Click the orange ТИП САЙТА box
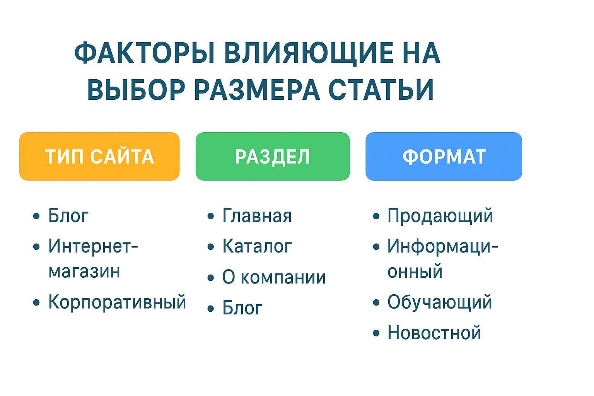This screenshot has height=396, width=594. tap(99, 156)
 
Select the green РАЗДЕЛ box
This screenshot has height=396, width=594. tap(273, 156)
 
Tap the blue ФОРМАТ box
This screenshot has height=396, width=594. tap(444, 156)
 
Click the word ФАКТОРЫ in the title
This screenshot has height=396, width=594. tap(144, 53)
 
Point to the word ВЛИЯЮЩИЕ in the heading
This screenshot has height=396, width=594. tap(310, 53)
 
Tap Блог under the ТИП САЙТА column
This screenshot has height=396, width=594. tap(68, 215)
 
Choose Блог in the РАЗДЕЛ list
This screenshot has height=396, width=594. tap(242, 308)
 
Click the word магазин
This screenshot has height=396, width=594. tap(84, 272)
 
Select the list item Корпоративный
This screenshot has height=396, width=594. tap(117, 302)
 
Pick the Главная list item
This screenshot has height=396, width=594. tap(257, 215)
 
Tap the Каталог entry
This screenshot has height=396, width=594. tap(257, 246)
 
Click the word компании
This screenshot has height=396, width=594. tap(283, 277)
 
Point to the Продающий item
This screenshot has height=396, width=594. tap(440, 216)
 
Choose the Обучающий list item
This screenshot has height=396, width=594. tap(440, 302)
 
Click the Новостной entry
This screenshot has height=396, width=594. tap(434, 333)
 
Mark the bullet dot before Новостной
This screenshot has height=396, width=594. tap(376, 333)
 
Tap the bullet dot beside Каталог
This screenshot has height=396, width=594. tap(211, 247)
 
